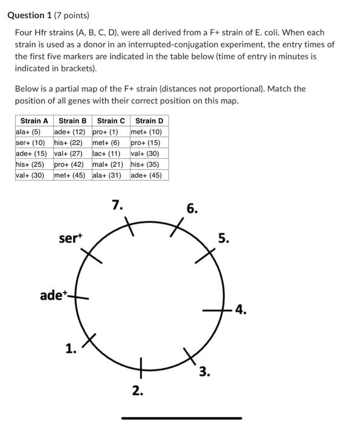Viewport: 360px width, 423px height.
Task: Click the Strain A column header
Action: (x=34, y=121)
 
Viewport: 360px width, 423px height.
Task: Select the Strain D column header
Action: (x=149, y=121)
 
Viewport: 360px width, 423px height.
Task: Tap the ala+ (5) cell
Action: (x=28, y=132)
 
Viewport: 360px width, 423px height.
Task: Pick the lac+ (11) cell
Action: (x=106, y=153)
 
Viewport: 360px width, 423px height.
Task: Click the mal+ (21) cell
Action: (x=108, y=164)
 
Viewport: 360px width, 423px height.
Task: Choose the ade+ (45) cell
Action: (x=146, y=175)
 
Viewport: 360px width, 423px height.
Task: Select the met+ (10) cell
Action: (x=146, y=132)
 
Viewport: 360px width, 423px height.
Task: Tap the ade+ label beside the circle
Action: (x=53, y=295)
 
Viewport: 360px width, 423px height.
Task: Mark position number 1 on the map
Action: (x=71, y=347)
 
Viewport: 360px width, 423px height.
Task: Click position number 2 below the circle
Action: (x=138, y=391)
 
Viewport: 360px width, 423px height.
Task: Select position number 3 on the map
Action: (x=205, y=372)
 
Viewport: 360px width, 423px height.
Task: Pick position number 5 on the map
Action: (x=223, y=239)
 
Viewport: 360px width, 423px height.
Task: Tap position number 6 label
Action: (x=191, y=209)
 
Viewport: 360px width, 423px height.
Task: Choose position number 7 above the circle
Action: (x=118, y=205)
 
